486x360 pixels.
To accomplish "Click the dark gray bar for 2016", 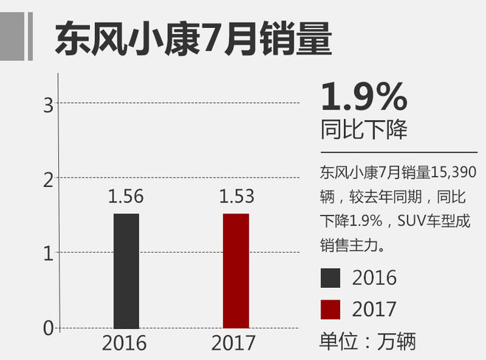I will pyautogui.click(x=126, y=270).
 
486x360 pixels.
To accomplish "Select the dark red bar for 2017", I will pyautogui.click(x=236, y=270).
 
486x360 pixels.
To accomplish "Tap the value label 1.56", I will pyautogui.click(x=126, y=197).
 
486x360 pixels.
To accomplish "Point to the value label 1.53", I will pyautogui.click(x=236, y=197).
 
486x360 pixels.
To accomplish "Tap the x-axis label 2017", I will pyautogui.click(x=233, y=343).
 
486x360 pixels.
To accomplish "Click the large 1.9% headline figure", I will pyautogui.click(x=364, y=97).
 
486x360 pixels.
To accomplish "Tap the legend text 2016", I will pyautogui.click(x=374, y=278).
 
